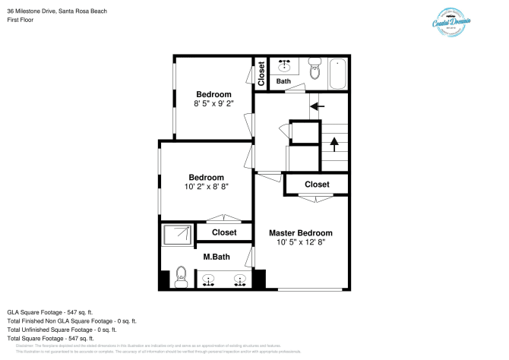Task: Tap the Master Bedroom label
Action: pyautogui.click(x=300, y=232)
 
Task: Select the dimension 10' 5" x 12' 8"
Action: pyautogui.click(x=300, y=242)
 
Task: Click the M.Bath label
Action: pyautogui.click(x=217, y=256)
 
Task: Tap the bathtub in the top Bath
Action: pyautogui.click(x=338, y=74)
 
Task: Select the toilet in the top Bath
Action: pyautogui.click(x=315, y=71)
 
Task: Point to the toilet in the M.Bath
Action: pyautogui.click(x=180, y=276)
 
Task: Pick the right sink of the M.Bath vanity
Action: pyautogui.click(x=240, y=279)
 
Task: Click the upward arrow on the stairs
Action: pyautogui.click(x=333, y=142)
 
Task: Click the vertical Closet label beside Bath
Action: pyautogui.click(x=261, y=74)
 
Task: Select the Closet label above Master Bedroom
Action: pyautogui.click(x=317, y=185)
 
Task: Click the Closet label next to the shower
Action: pyautogui.click(x=223, y=232)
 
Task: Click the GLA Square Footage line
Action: pyautogui.click(x=49, y=312)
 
